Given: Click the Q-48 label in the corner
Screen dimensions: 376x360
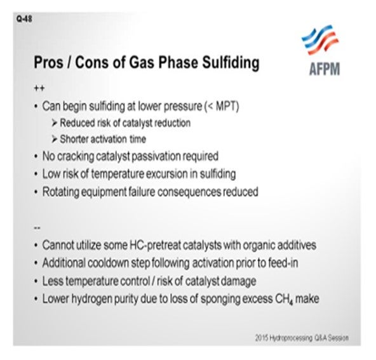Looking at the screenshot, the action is pyautogui.click(x=24, y=18).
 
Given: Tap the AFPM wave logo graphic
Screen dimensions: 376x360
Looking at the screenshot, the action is pyautogui.click(x=320, y=40).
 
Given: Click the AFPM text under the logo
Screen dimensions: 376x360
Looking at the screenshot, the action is pyautogui.click(x=325, y=69).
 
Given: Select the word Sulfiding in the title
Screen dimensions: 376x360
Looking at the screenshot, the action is pyautogui.click(x=231, y=63).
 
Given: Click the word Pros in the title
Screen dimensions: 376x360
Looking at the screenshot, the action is pyautogui.click(x=49, y=62).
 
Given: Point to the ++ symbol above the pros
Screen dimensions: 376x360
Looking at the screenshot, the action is pyautogui.click(x=39, y=88).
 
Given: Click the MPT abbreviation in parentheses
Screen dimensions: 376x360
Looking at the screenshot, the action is pyautogui.click(x=226, y=106).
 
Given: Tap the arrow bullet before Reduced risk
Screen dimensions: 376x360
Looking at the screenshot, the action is pyautogui.click(x=54, y=123).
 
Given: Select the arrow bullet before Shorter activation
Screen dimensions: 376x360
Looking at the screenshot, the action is pyautogui.click(x=54, y=139).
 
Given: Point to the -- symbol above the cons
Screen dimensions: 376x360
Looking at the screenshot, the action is pyautogui.click(x=37, y=228).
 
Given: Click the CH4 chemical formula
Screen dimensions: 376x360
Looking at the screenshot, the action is pyautogui.click(x=284, y=299).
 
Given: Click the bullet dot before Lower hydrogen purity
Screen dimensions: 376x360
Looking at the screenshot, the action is pyautogui.click(x=36, y=299).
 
